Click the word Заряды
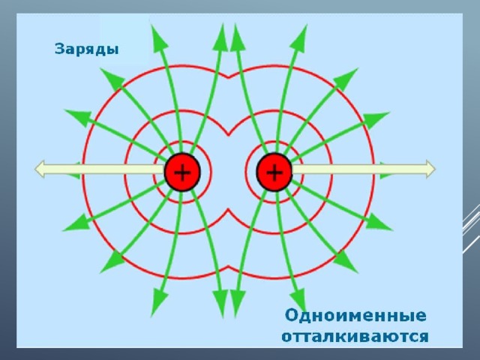point(87,49)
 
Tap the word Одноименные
point(355,315)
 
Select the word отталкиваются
point(355,337)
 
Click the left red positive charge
point(182,172)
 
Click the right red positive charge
point(274,172)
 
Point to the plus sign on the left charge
point(182,172)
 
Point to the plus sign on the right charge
point(274,172)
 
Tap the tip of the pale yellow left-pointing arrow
point(34,169)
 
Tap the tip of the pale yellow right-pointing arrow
point(435,169)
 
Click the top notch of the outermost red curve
point(228,77)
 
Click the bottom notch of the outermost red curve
point(228,267)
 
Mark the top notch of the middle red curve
point(228,134)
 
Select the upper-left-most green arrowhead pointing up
point(158,36)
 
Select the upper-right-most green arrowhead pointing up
point(299,36)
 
